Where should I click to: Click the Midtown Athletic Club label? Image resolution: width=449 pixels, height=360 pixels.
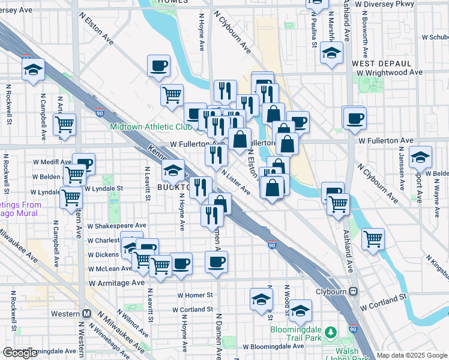coord(150,127)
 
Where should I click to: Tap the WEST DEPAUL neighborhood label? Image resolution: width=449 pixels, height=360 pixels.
coord(381,63)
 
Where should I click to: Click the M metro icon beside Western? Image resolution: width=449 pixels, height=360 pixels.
coord(86,313)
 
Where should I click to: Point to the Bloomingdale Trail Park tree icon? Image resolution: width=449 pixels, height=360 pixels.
coord(330,332)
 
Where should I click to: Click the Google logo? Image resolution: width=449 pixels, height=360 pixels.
coord(20,353)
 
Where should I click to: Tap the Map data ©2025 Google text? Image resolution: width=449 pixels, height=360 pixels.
coord(412,355)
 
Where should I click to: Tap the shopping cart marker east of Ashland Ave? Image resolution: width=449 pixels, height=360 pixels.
coord(373,239)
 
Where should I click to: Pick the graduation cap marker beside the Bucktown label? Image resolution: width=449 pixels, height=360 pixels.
coord(173,170)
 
